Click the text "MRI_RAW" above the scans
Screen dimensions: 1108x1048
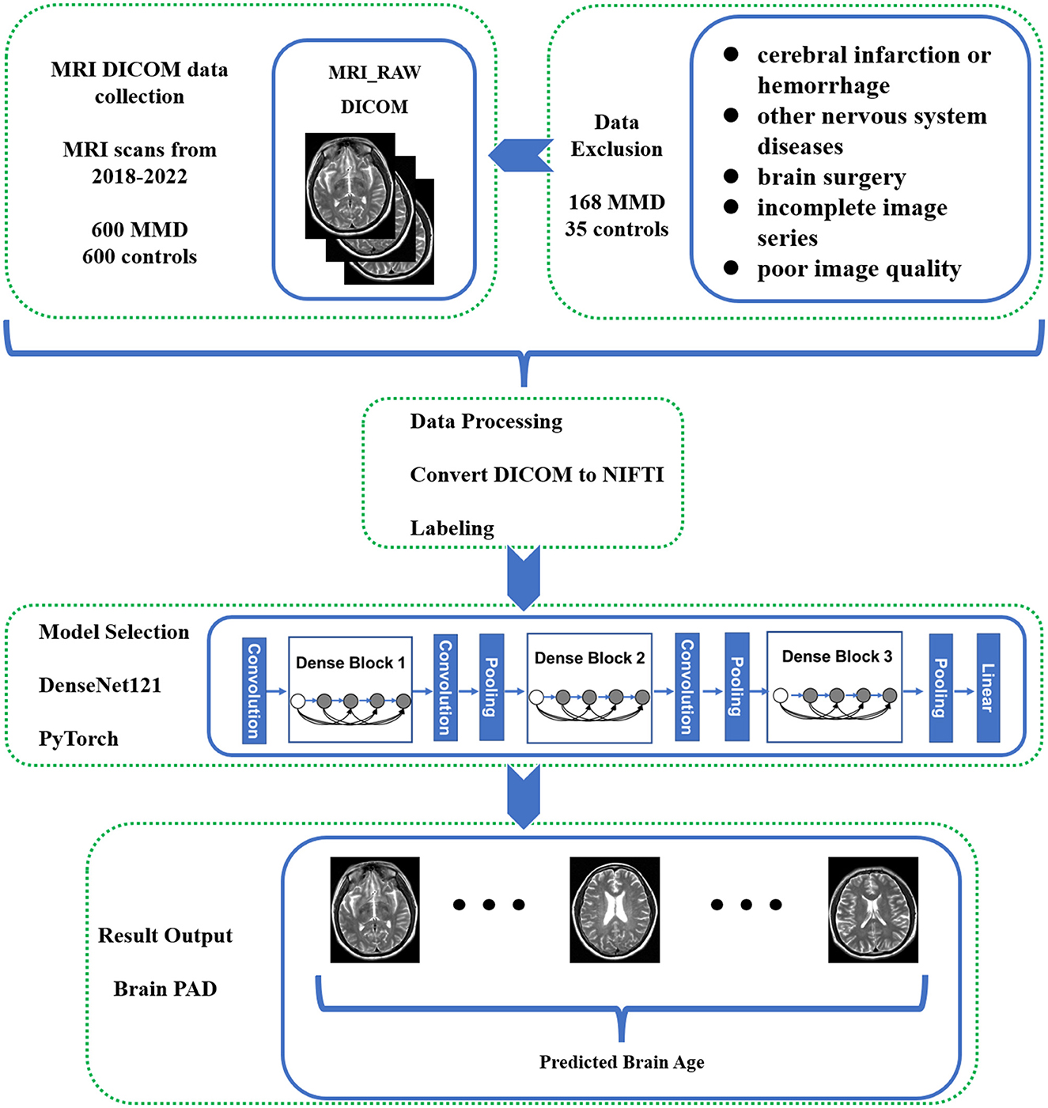pos(374,73)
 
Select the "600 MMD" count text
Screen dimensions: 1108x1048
pos(140,230)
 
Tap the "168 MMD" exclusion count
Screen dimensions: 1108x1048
pos(617,202)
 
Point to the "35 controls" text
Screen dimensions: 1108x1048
pos(617,229)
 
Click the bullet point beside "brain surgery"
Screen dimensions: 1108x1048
pos(731,176)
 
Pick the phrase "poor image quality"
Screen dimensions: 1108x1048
pos(859,269)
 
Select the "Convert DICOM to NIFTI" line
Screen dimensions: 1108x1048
pos(537,475)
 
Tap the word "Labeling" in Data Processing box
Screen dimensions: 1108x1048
pos(452,528)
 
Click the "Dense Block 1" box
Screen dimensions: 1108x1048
pos(350,689)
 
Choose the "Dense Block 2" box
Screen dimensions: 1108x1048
pos(589,688)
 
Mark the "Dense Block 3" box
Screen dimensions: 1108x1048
pos(834,686)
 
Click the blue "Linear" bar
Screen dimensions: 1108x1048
pos(988,687)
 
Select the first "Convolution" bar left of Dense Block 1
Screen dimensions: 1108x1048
pos(254,690)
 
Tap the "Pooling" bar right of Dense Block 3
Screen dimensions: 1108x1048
pos(940,687)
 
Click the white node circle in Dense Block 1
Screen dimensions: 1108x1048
pos(298,701)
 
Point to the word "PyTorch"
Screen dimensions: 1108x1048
pos(78,739)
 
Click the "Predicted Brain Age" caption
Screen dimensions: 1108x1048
pos(622,1062)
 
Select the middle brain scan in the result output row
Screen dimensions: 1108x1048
pos(615,909)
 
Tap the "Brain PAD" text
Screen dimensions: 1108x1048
pos(165,989)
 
